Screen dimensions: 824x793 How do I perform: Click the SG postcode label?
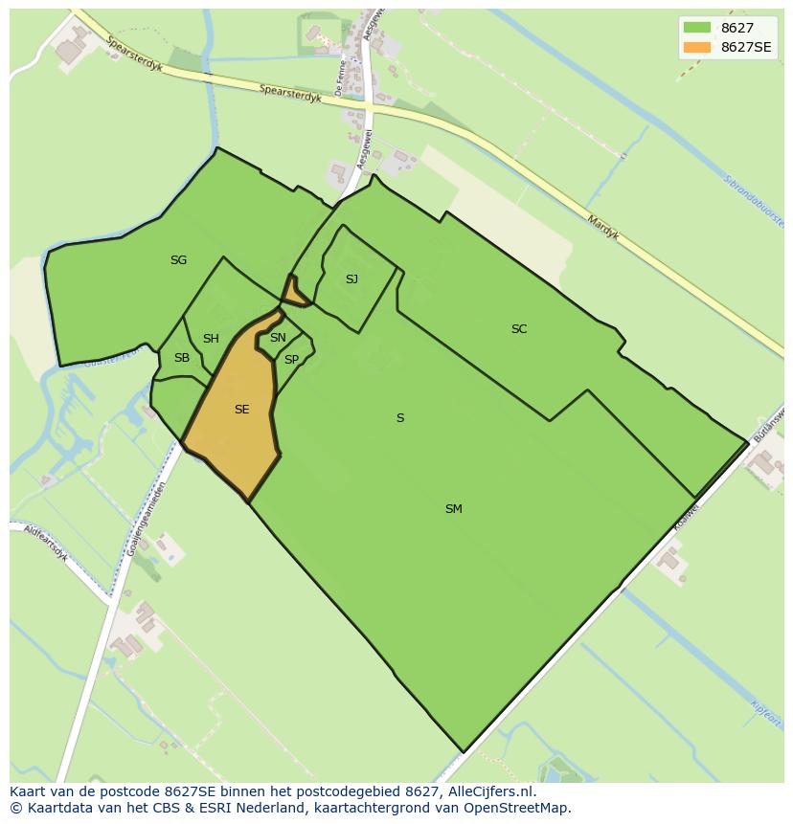178,260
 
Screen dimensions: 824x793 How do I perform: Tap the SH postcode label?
211,339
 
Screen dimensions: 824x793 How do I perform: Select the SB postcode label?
181,358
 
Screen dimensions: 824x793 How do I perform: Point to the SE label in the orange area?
241,410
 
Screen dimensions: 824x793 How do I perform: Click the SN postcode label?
278,338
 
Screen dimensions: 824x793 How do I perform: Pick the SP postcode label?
291,360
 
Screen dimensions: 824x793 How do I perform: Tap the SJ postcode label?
351,279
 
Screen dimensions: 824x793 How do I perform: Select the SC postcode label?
519,329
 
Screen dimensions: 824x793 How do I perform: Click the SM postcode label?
454,509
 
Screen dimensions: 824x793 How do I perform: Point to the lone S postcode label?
400,418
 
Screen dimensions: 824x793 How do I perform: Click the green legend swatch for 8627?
697,27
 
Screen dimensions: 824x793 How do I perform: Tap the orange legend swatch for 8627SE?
697,47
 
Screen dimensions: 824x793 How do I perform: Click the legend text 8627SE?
746,47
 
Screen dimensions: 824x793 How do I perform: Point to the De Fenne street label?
340,78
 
